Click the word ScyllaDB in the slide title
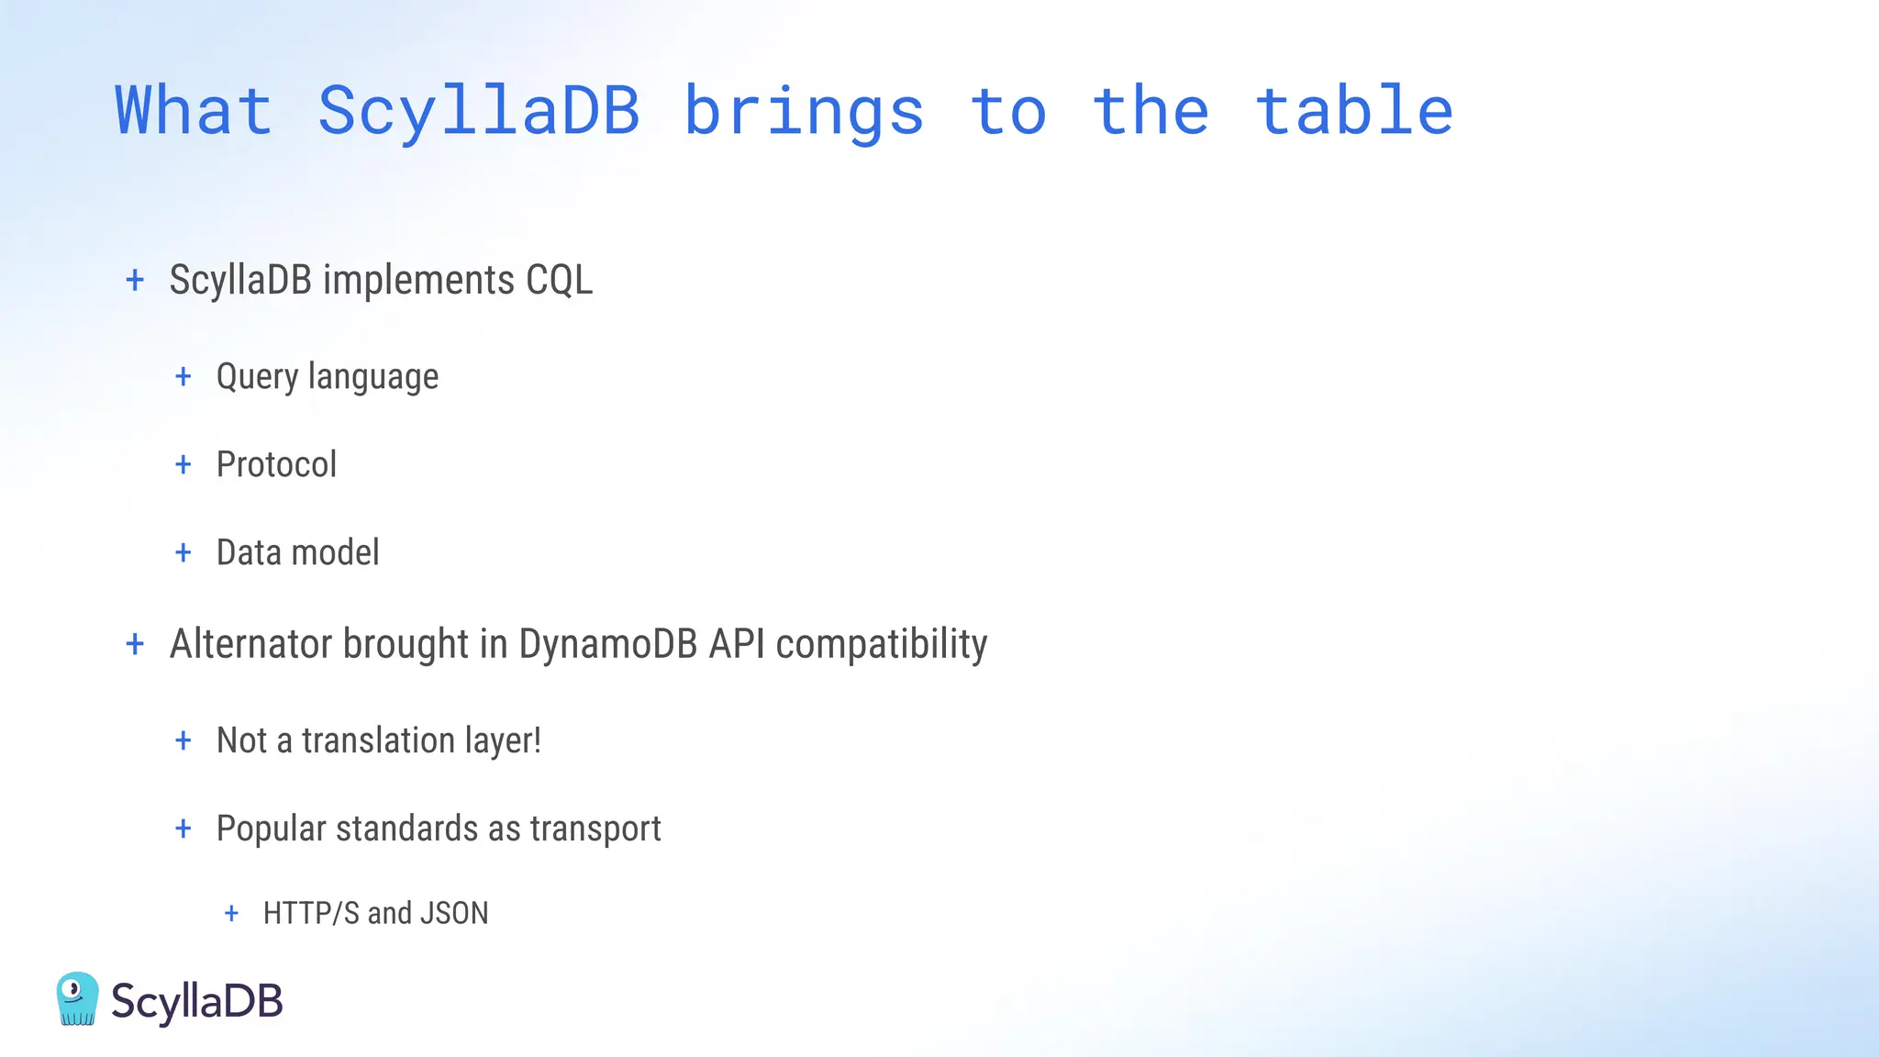(x=478, y=112)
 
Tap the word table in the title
(x=1353, y=112)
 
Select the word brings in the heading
(x=804, y=112)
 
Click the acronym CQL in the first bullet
(x=559, y=280)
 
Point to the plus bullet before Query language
(x=183, y=376)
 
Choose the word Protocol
(x=276, y=464)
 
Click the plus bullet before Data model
(x=183, y=552)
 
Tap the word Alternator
(x=251, y=643)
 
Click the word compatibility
(x=882, y=643)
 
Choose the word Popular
(x=271, y=829)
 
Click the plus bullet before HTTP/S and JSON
(x=231, y=913)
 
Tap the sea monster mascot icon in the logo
(x=77, y=998)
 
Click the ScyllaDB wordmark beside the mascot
(x=196, y=1000)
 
